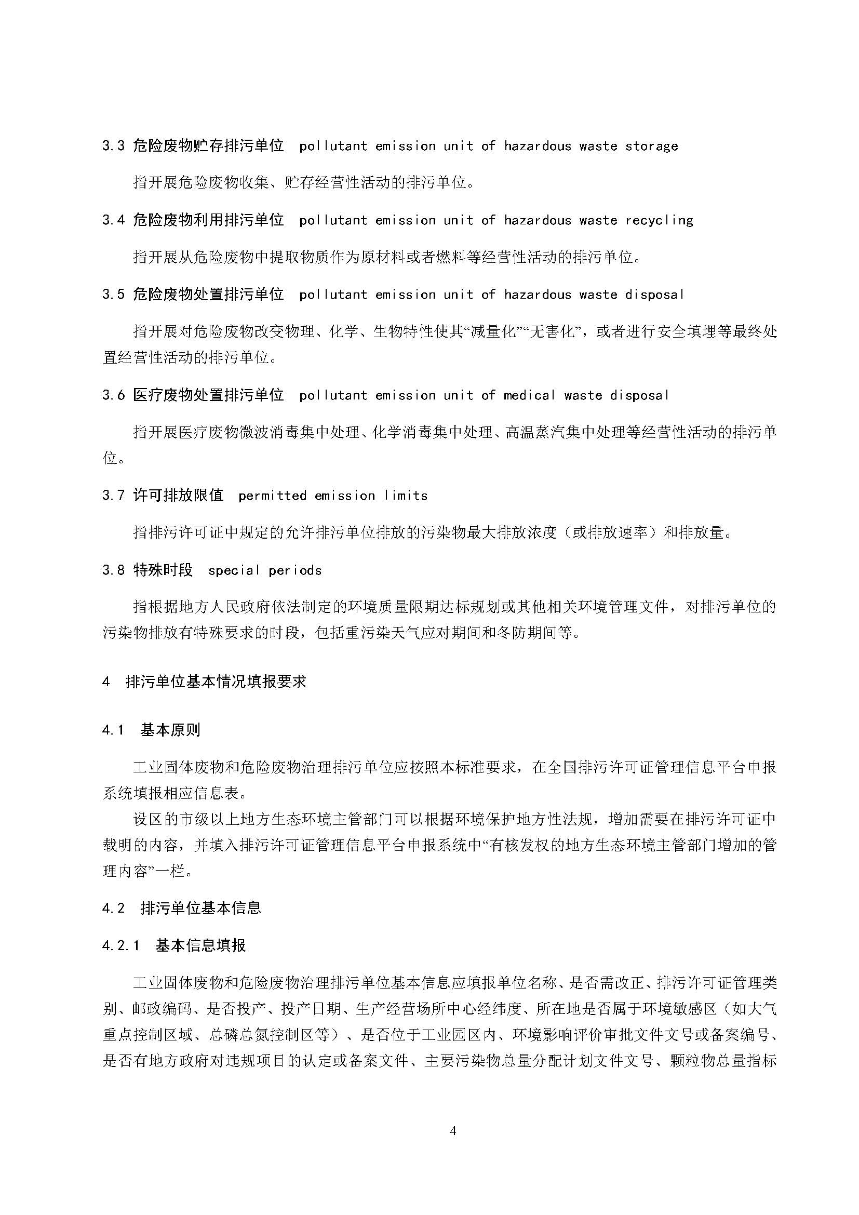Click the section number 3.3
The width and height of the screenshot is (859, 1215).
click(x=113, y=146)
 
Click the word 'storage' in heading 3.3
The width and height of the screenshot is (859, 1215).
click(x=652, y=146)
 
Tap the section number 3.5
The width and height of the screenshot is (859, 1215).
click(x=113, y=295)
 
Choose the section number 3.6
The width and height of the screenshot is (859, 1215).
click(x=113, y=395)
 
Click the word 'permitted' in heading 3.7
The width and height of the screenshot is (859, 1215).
click(x=273, y=496)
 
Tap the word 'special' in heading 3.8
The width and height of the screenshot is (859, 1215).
click(x=234, y=570)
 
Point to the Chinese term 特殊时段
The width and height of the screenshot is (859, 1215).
click(x=163, y=570)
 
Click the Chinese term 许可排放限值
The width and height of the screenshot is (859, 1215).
click(x=178, y=496)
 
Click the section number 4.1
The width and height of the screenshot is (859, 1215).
click(x=113, y=731)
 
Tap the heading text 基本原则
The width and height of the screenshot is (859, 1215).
click(x=170, y=731)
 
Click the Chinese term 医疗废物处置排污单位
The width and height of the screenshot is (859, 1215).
click(x=208, y=395)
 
